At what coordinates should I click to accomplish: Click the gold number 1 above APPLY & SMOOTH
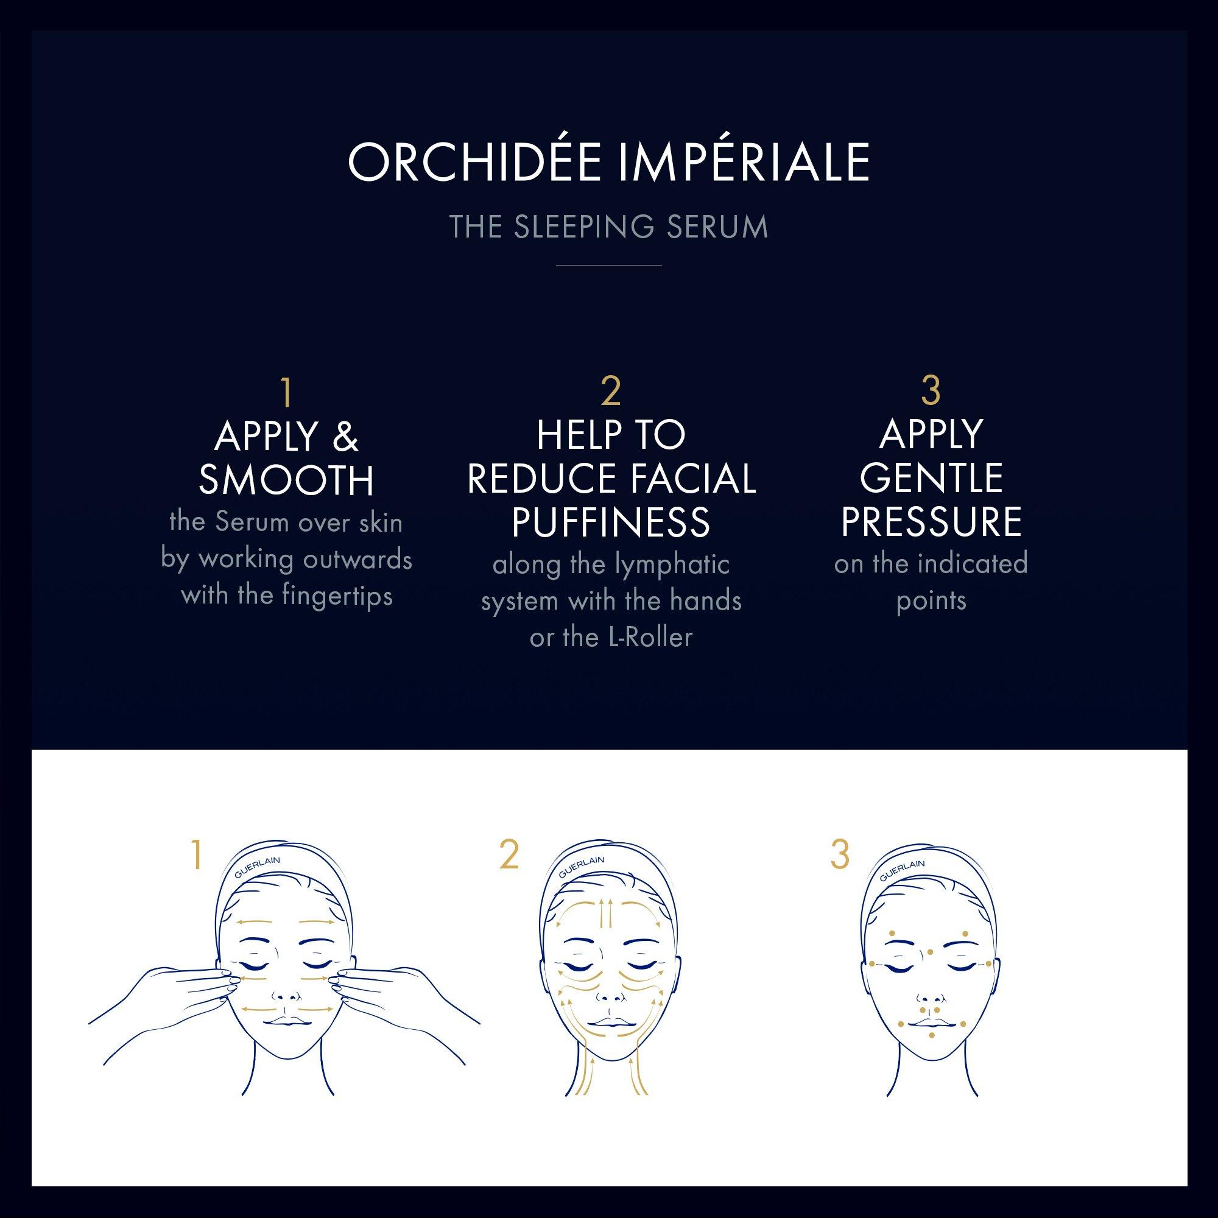tap(287, 392)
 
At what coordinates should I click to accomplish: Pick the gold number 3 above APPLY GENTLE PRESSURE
tap(931, 390)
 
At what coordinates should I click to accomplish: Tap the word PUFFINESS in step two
tap(611, 522)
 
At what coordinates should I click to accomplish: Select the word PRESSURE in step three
tap(931, 521)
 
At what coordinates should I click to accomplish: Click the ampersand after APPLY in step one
tap(345, 437)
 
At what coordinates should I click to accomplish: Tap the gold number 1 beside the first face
tap(197, 856)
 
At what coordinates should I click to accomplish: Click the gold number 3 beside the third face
tap(840, 856)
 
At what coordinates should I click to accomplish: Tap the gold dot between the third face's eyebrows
tap(931, 952)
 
